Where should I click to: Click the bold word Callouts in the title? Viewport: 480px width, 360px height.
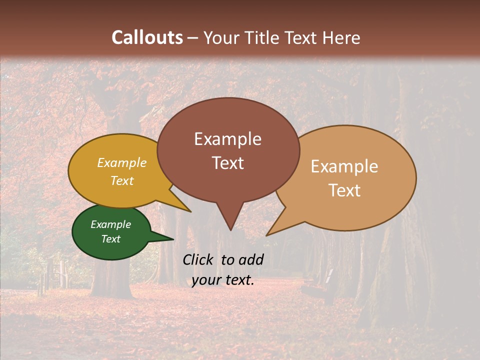coord(147,37)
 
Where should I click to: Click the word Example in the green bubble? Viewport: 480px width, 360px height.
coord(110,224)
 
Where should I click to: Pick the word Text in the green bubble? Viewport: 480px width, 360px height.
coord(110,239)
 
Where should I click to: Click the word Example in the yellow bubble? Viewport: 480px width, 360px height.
coord(121,163)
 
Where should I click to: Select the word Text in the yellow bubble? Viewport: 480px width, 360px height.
coord(121,180)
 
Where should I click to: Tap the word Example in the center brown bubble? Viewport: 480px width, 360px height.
coord(227,139)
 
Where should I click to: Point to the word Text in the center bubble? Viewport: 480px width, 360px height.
coord(227,162)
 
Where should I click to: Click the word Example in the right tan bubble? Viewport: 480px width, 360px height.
coord(344,166)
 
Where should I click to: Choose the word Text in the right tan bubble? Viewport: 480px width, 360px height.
coord(344,190)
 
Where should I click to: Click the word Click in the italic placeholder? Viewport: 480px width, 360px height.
coord(199,259)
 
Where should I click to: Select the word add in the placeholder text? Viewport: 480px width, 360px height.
coord(251,259)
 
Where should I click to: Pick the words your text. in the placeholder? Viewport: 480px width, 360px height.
coord(222,280)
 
